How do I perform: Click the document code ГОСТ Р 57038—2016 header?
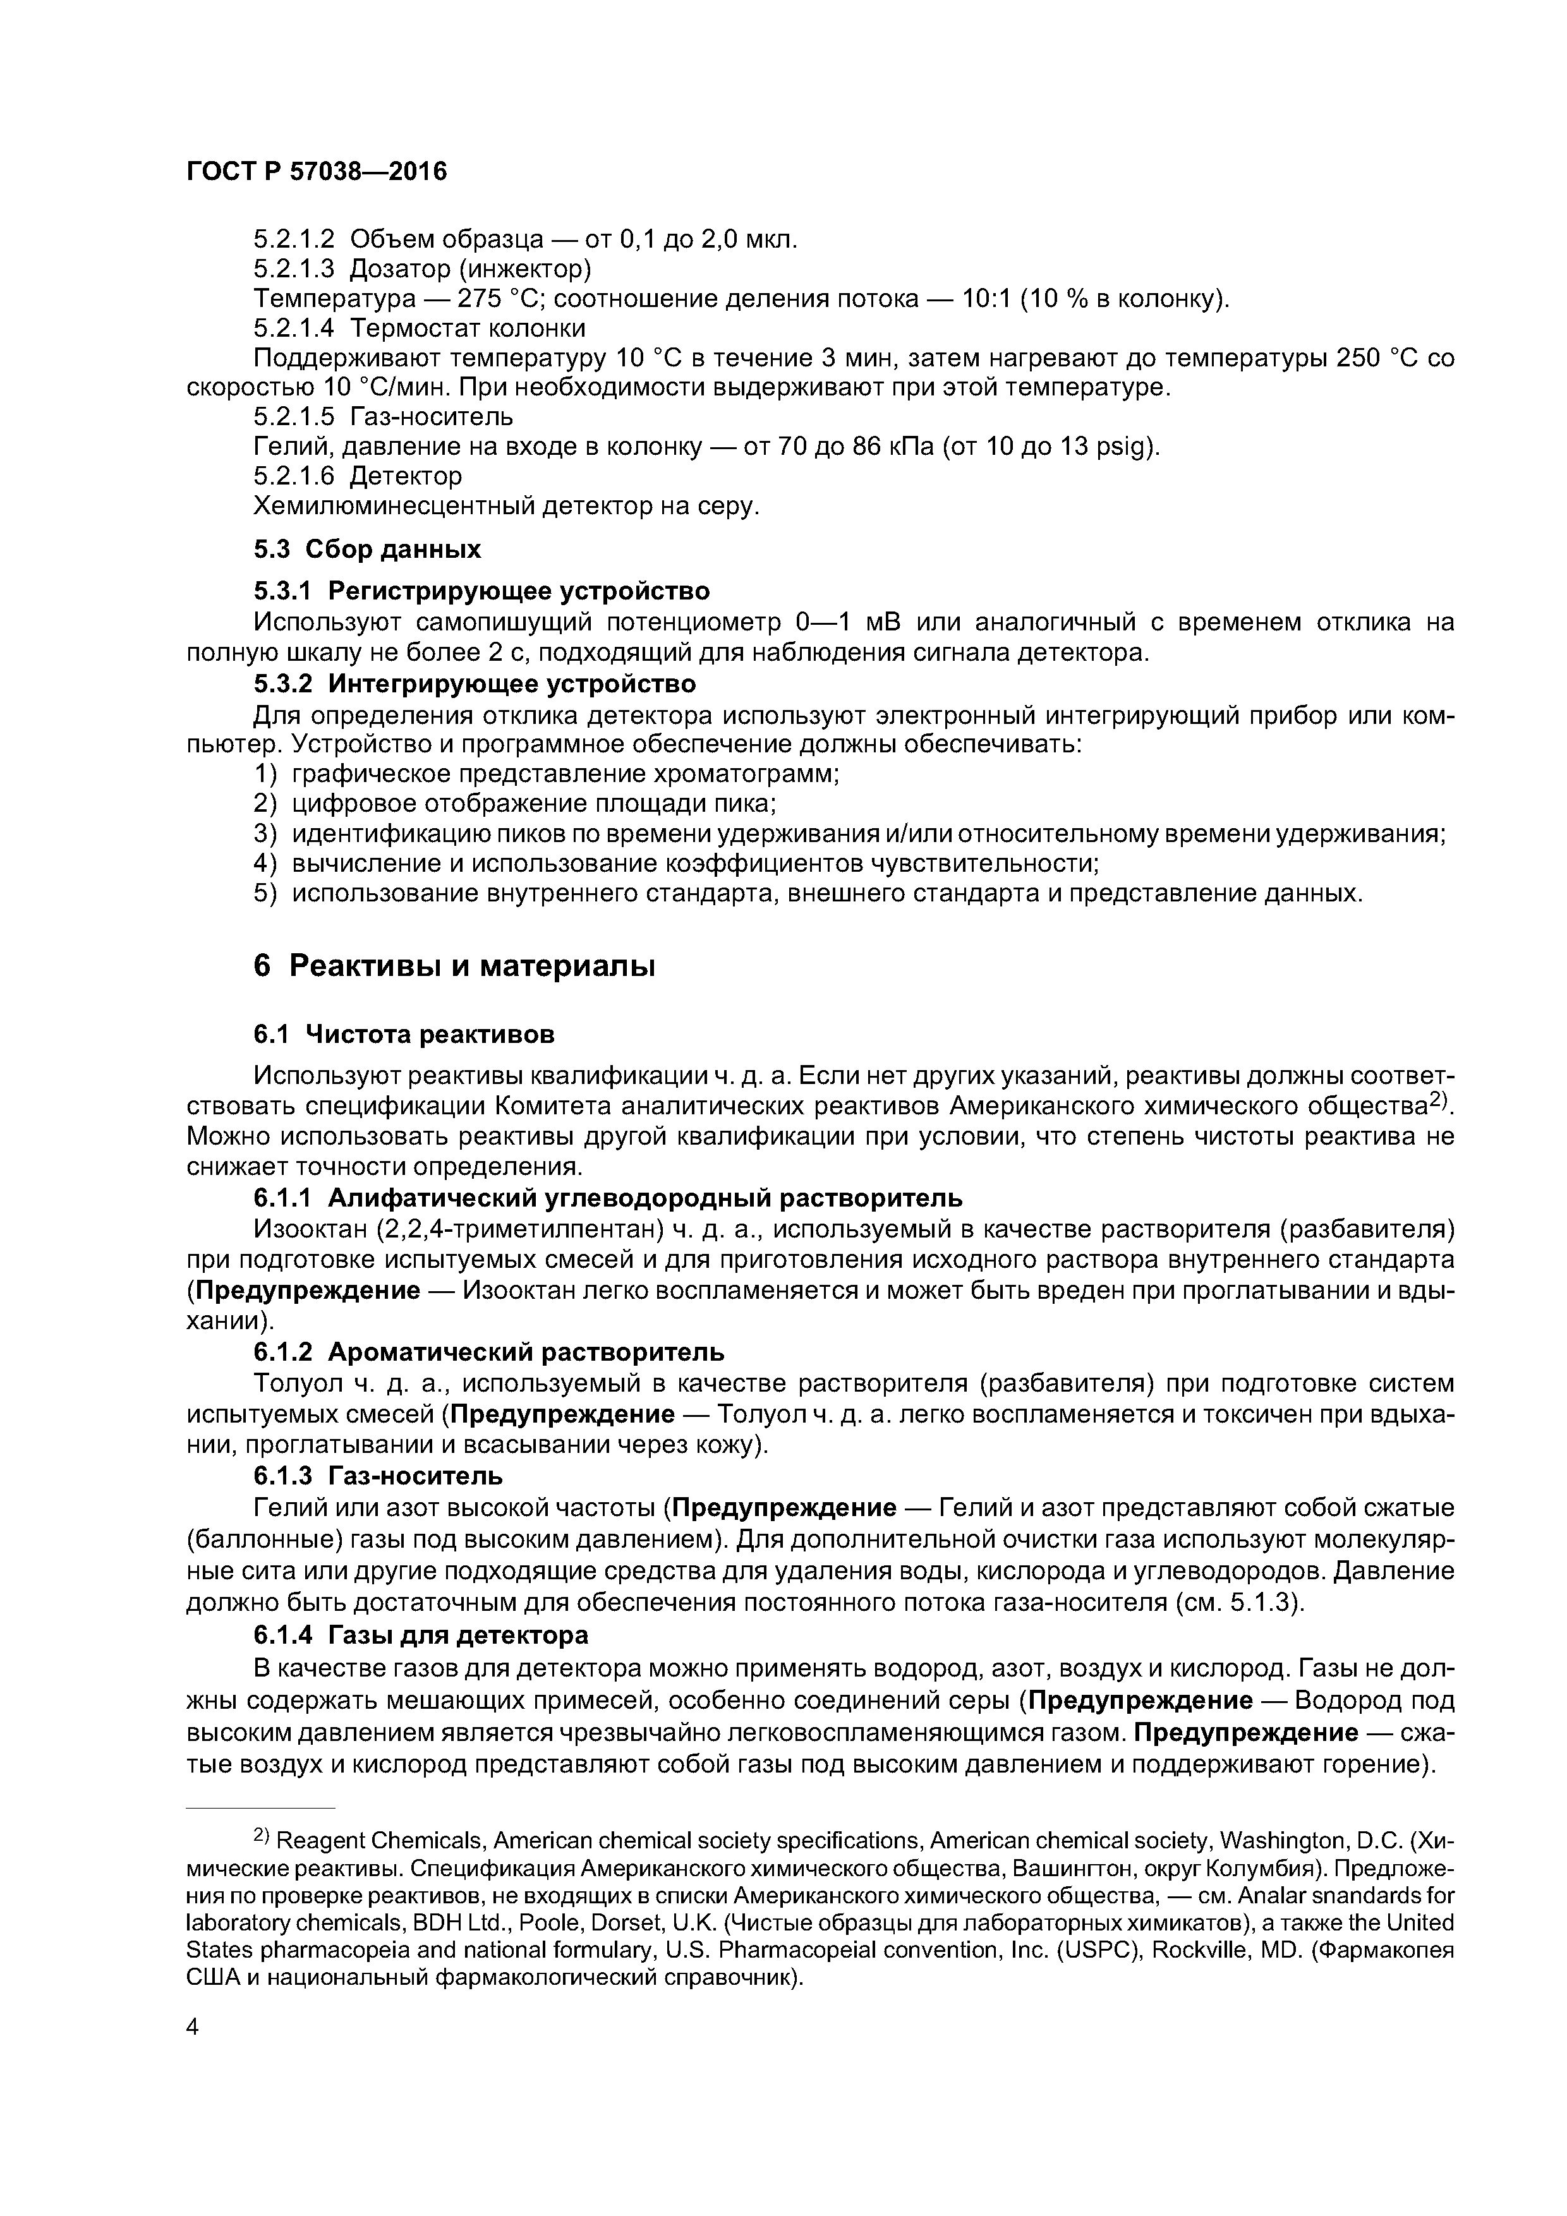317,172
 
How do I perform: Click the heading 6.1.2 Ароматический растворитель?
488,1351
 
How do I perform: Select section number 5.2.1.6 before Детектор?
294,476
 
